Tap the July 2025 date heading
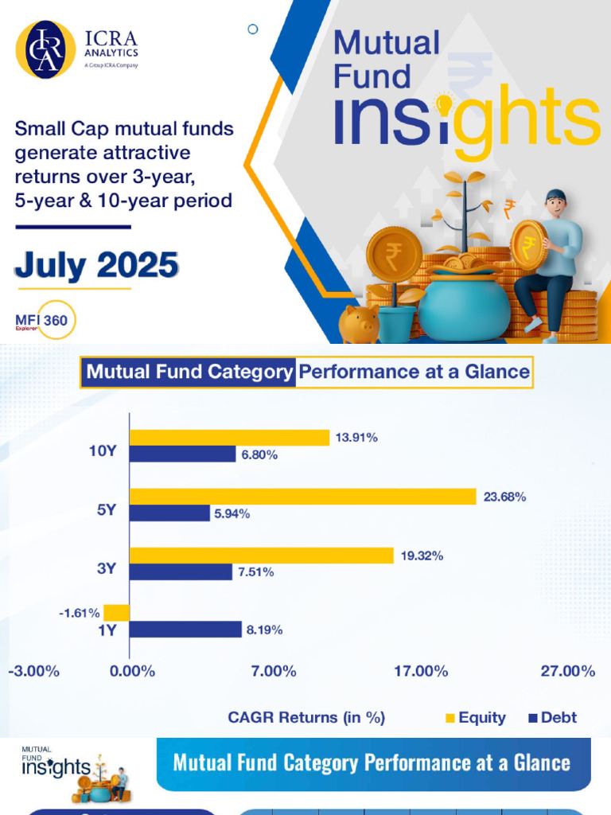coord(96,265)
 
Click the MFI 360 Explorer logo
coord(47,321)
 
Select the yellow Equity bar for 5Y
coord(302,497)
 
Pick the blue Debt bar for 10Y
coord(183,454)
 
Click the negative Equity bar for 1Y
coord(117,612)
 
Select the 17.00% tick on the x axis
coord(421,671)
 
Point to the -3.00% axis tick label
coord(33,671)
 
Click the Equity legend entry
coord(475,718)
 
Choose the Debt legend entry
coord(552,718)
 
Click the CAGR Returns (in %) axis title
coord(306,718)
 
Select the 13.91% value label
coord(356,438)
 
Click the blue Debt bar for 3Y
coord(181,571)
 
